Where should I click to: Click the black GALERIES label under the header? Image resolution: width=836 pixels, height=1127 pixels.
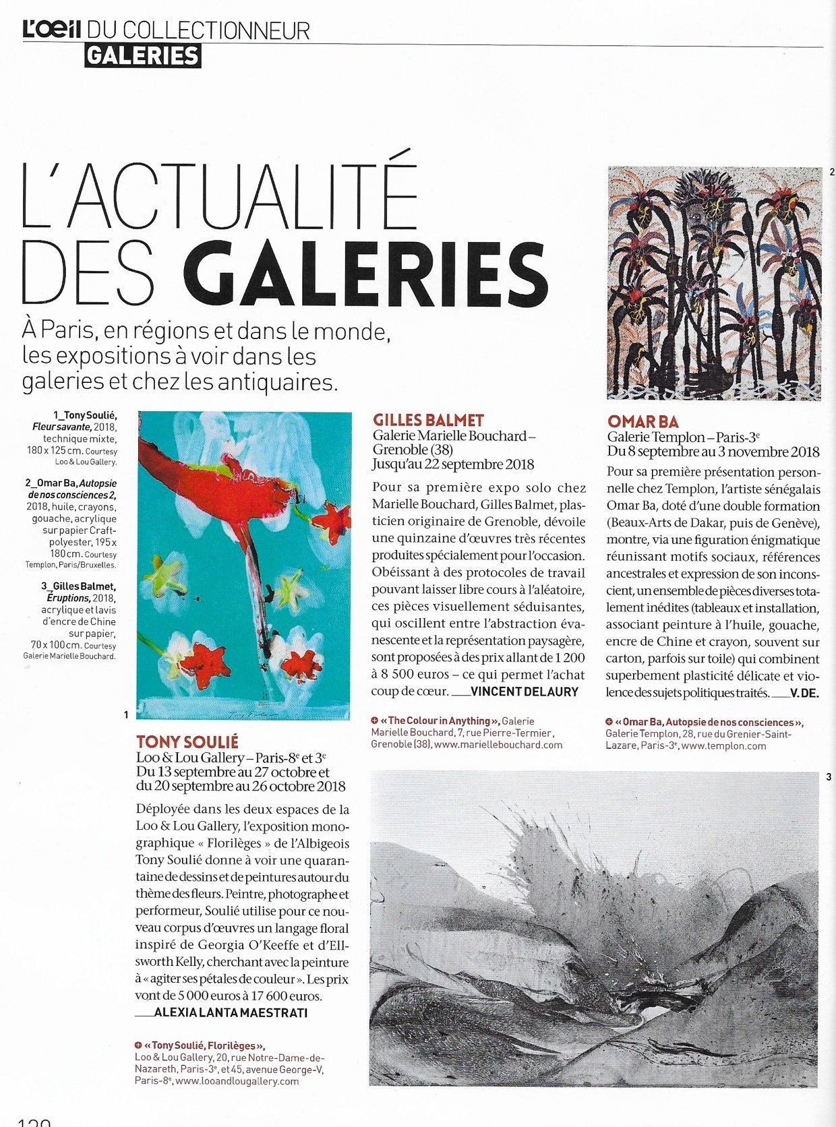(143, 56)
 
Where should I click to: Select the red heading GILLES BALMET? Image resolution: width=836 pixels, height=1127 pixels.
(428, 421)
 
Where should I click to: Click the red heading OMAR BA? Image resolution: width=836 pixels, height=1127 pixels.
(643, 422)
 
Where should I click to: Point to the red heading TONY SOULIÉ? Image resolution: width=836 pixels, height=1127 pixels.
(187, 742)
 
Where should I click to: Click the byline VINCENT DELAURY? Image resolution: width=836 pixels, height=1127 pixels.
(525, 692)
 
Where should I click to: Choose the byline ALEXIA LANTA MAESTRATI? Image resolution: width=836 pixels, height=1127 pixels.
(231, 1012)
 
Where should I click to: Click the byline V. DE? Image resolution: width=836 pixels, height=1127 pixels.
(804, 693)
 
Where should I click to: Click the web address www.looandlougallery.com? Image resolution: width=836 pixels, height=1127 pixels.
(237, 1080)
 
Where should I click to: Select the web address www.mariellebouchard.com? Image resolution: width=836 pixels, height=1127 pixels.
(498, 745)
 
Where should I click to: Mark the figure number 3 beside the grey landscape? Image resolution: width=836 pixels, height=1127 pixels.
(829, 777)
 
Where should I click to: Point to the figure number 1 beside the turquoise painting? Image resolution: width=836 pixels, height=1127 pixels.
(126, 714)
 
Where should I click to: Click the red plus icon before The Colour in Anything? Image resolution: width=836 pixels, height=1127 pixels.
(375, 721)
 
